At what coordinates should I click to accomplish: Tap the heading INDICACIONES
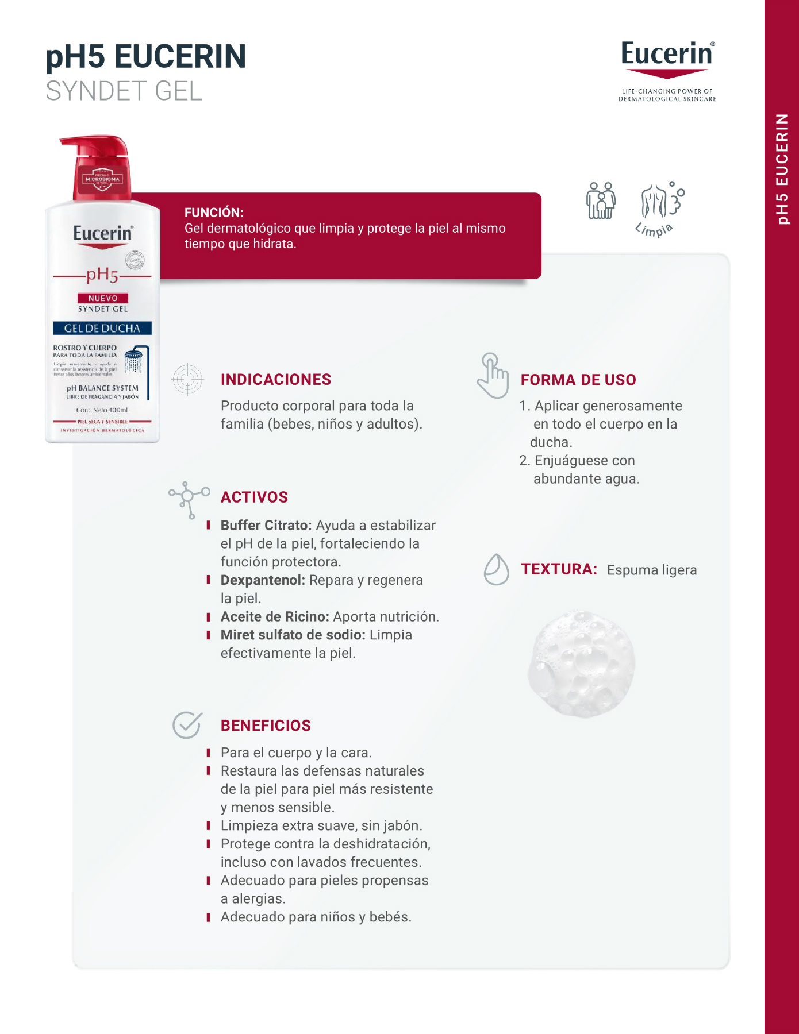point(276,380)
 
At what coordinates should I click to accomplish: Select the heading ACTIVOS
point(254,497)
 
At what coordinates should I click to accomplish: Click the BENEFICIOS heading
point(266,726)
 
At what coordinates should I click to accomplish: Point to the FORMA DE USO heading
point(578,380)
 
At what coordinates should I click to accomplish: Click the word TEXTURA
point(559,569)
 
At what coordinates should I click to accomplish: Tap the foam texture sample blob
point(581,663)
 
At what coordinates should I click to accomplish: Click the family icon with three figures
point(601,200)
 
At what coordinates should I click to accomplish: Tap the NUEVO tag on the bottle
point(103,298)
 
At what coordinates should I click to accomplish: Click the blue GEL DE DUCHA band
point(102,329)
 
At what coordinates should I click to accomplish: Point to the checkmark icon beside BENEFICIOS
point(187,724)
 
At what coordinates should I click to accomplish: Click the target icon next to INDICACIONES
point(187,379)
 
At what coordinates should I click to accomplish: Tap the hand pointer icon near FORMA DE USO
point(493,376)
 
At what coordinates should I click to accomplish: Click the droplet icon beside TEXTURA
point(496,569)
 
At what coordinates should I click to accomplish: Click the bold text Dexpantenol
point(263,580)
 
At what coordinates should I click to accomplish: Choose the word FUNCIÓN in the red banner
point(214,213)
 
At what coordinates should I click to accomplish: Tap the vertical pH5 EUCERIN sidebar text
point(782,169)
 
